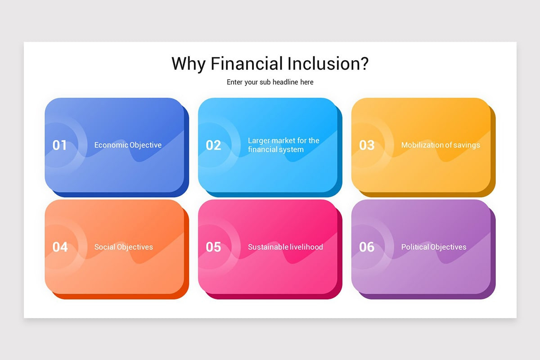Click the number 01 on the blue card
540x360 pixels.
(x=59, y=145)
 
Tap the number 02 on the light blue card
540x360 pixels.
(x=213, y=145)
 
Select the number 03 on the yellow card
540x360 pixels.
(x=367, y=145)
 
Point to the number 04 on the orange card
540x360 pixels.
(x=60, y=247)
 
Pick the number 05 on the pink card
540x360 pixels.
(x=213, y=247)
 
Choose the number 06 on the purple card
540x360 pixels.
(x=367, y=247)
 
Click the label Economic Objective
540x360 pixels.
(x=128, y=145)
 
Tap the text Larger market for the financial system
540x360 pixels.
(x=283, y=145)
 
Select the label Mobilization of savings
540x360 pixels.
(x=441, y=145)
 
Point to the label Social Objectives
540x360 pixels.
(x=123, y=247)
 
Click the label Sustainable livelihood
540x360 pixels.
(x=285, y=247)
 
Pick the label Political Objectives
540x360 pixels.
(x=434, y=247)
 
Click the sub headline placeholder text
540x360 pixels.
(x=270, y=82)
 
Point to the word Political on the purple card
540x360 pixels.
(x=416, y=247)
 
